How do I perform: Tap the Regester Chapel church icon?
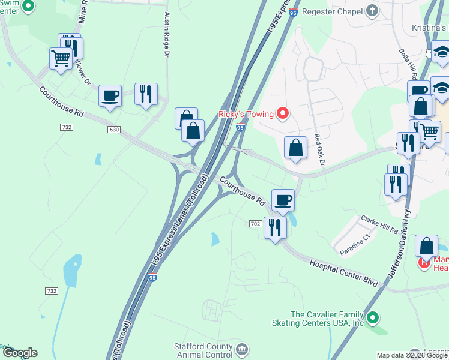pyautogui.click(x=372, y=11)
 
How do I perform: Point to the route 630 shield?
pyautogui.click(x=114, y=130)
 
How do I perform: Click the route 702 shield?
pyautogui.click(x=255, y=224)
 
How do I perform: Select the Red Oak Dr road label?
pyautogui.click(x=319, y=149)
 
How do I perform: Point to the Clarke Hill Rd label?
pyautogui.click(x=379, y=226)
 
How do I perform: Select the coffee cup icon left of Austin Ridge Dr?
pyautogui.click(x=110, y=95)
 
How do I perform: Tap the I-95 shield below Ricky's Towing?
pyautogui.click(x=240, y=127)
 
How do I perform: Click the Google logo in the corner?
pyautogui.click(x=20, y=353)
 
